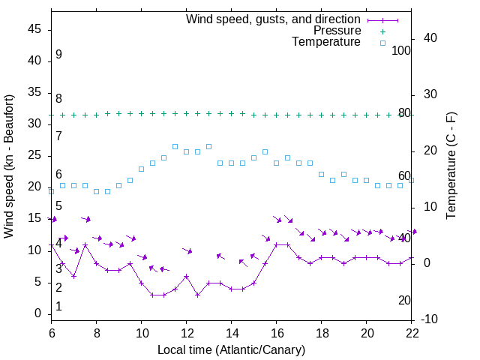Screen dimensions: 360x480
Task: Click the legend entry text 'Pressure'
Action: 337,31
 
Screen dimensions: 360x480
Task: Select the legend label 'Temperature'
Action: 326,42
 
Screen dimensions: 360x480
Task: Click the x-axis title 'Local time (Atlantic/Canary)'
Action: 231,349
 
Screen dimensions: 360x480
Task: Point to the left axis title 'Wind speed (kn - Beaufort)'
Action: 9,166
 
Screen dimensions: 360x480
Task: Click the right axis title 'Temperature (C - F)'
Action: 451,166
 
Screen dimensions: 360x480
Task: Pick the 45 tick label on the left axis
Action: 35,29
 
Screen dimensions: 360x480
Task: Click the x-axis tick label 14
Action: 232,332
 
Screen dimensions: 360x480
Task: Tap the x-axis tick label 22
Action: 412,332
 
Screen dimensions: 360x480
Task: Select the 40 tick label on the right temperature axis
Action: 430,38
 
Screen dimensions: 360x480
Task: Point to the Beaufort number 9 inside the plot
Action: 58,55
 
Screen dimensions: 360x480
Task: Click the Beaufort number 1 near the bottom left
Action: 58,307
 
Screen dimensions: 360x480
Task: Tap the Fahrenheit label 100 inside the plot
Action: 401,50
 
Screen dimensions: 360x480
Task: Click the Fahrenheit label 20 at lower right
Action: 404,300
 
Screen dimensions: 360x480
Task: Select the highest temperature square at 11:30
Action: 175,146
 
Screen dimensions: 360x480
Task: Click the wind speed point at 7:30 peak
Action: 85,244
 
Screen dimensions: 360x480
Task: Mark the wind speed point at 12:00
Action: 186,276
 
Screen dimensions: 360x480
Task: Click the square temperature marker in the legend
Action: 382,43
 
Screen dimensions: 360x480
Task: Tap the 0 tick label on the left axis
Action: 38,313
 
